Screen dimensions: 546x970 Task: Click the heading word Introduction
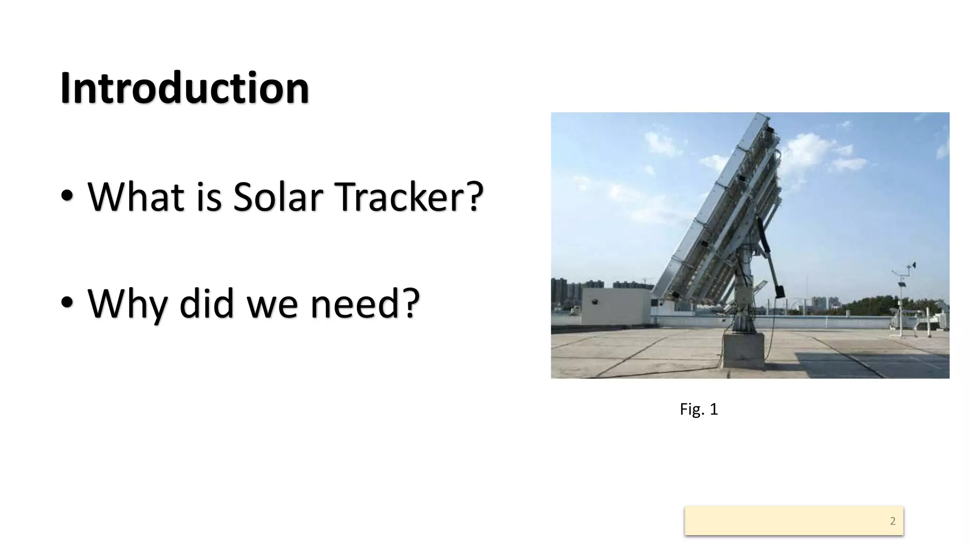click(x=185, y=88)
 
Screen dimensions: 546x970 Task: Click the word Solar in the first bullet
click(x=278, y=197)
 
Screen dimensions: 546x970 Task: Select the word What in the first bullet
click(x=135, y=197)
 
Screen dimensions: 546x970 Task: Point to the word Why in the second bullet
click(x=127, y=304)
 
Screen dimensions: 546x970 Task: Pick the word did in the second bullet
click(x=207, y=304)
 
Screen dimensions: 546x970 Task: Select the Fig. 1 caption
click(x=699, y=409)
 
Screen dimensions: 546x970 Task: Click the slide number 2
click(x=892, y=521)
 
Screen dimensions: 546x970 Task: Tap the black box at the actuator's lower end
click(x=779, y=290)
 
